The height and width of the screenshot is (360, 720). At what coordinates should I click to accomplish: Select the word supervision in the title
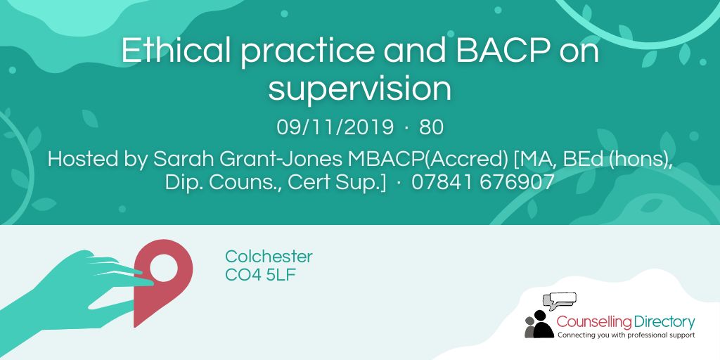coord(359,89)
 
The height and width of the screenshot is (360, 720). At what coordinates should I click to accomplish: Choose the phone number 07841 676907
coord(483,182)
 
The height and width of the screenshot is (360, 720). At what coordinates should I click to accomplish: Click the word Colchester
coord(269,257)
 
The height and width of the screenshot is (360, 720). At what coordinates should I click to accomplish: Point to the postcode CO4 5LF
coord(261,275)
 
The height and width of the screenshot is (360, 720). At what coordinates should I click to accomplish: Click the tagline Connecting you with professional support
coord(625,335)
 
